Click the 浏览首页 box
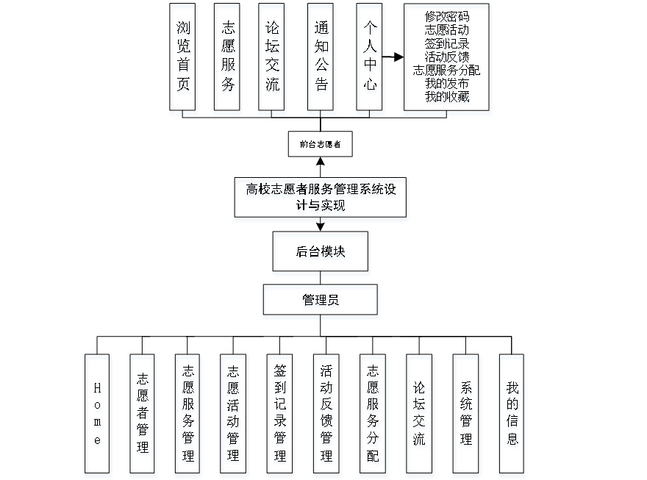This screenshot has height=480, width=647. (184, 60)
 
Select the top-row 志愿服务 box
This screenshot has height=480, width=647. (228, 60)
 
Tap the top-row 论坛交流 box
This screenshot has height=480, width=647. (273, 60)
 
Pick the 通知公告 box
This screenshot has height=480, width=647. (321, 60)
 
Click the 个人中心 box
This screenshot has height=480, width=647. (371, 60)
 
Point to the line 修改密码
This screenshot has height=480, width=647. (447, 18)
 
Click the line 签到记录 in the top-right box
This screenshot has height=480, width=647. (447, 44)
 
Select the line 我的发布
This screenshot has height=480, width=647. (447, 84)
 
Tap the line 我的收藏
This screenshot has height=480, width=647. (447, 97)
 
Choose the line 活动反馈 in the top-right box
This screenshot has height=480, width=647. (447, 57)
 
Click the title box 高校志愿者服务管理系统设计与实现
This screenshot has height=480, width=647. (321, 199)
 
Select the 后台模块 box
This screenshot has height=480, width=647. (321, 254)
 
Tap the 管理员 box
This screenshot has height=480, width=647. (321, 302)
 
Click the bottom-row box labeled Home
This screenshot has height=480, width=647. (98, 415)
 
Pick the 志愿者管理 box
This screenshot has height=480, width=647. (143, 415)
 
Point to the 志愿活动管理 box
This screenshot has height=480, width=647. (234, 415)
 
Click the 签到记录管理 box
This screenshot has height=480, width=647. (280, 415)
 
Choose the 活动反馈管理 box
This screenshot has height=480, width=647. (326, 415)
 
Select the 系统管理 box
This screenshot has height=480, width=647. (466, 415)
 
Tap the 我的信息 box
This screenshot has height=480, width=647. (512, 415)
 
